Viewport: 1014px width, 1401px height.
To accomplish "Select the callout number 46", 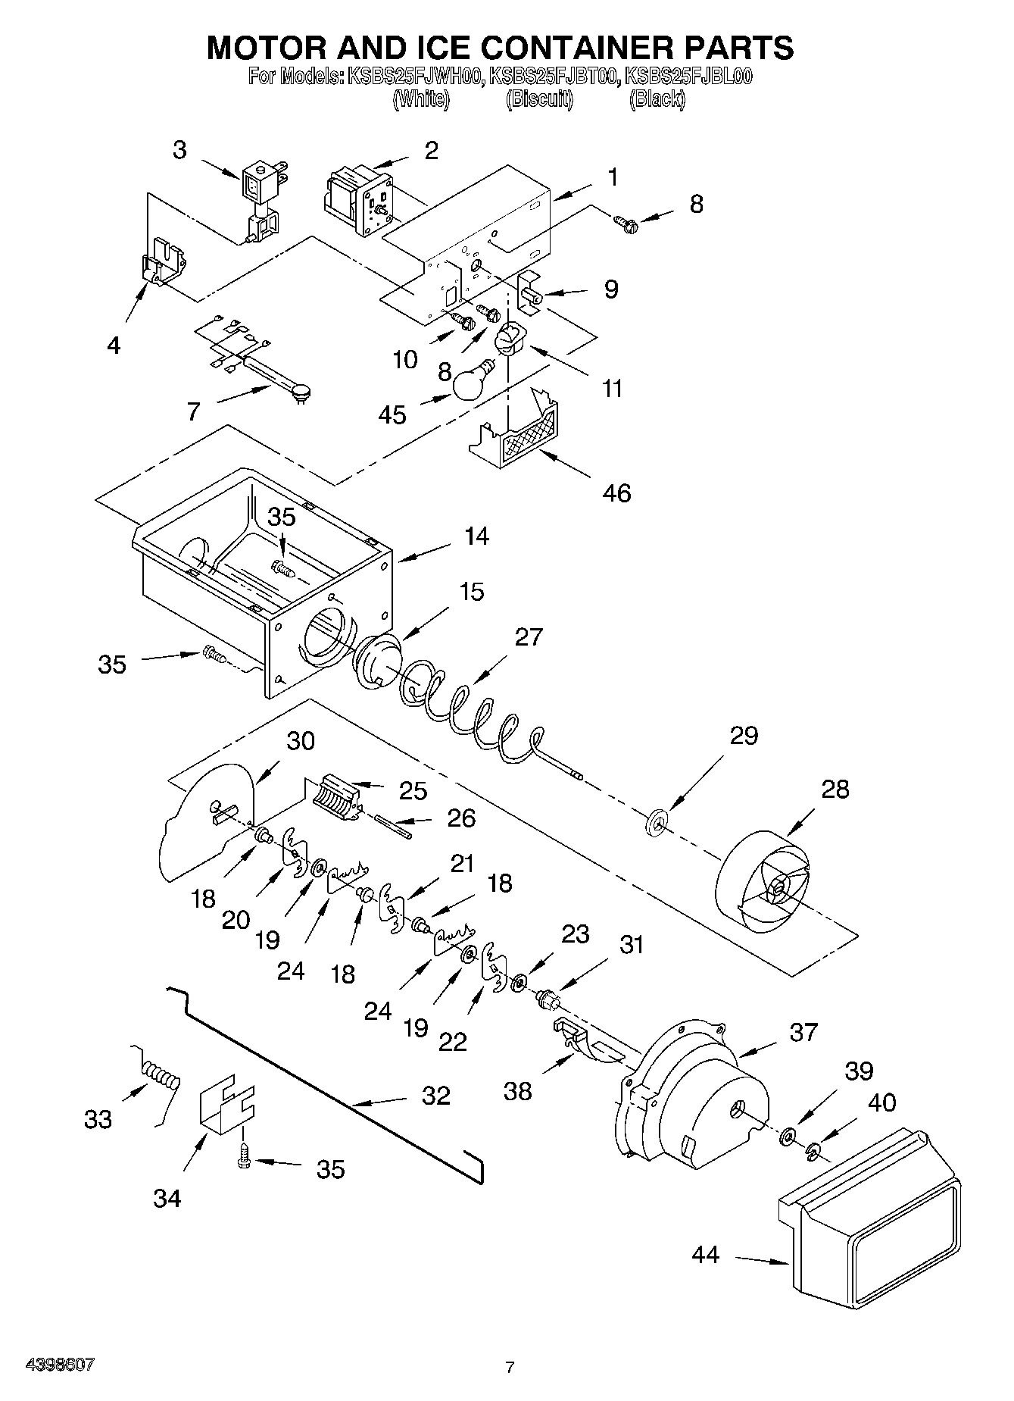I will coord(616,493).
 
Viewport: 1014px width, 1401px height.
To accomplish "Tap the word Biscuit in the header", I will coord(539,99).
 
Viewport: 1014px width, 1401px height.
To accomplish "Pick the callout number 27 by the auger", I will coord(529,636).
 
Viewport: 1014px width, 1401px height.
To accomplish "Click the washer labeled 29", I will coord(656,821).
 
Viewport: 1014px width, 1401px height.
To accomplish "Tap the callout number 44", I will coord(705,1256).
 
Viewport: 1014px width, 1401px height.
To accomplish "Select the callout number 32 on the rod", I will coord(436,1095).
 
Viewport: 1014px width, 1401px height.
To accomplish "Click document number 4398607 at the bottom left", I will coord(60,1364).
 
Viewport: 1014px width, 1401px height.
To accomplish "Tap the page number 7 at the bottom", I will coord(510,1368).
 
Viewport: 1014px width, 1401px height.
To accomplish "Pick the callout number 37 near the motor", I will coord(803,1031).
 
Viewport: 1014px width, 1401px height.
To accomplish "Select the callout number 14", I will coord(476,536).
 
